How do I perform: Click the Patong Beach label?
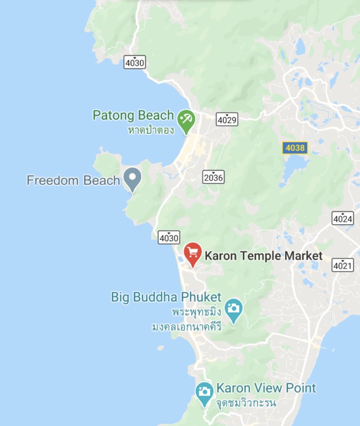133,115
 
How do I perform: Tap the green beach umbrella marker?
186,118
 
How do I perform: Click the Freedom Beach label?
73,180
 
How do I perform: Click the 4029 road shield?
227,119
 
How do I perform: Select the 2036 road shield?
214,177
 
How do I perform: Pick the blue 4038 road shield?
295,148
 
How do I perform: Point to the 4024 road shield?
342,218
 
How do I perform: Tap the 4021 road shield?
342,265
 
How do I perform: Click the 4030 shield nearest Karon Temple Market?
169,237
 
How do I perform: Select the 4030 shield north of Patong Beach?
134,63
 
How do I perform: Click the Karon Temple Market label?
264,256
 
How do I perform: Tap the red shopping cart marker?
192,253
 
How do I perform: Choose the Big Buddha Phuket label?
166,296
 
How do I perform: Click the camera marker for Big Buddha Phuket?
234,309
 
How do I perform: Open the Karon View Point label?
266,388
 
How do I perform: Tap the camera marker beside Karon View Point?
204,391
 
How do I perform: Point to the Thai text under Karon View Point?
246,402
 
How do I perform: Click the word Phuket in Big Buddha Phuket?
201,296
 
